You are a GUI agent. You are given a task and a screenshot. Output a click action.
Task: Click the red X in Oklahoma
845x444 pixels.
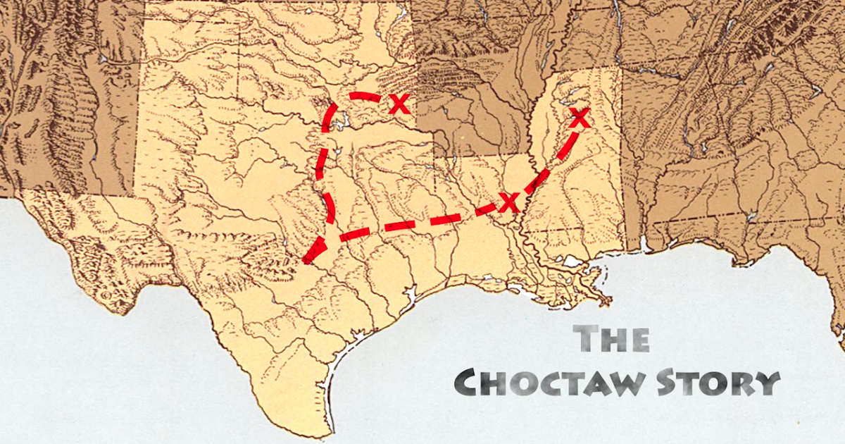tap(399, 104)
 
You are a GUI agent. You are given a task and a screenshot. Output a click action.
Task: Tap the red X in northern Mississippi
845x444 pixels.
tap(579, 118)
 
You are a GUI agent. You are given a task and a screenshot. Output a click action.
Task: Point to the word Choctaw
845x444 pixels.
tap(545, 383)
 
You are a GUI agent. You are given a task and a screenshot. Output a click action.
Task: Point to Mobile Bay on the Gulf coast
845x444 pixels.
tap(644, 243)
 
